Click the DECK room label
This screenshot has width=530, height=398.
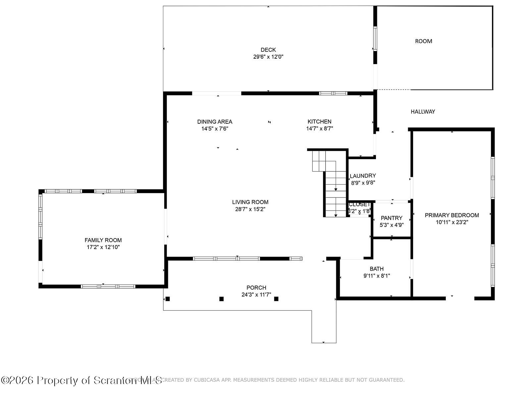(x=268, y=50)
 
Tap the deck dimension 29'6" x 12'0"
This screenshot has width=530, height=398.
(x=268, y=57)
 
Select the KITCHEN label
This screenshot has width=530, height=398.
(x=319, y=121)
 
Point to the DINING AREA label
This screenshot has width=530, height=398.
(x=215, y=121)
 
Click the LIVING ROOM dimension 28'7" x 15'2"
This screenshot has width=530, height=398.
(x=250, y=209)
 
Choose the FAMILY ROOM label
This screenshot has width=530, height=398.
(x=103, y=240)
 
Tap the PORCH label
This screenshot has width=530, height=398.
(x=256, y=288)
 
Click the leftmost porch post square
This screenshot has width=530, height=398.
(x=168, y=299)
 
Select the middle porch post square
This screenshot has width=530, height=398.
(x=222, y=299)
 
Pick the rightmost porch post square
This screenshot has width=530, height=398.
(x=276, y=299)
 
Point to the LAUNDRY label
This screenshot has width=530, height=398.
(x=363, y=175)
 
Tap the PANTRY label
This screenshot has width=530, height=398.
(x=392, y=218)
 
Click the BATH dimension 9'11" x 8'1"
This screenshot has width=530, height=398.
(x=377, y=276)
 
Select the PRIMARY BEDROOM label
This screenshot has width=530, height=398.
(x=452, y=215)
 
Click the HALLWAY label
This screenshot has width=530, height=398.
(x=423, y=111)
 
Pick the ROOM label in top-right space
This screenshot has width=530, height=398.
(x=423, y=41)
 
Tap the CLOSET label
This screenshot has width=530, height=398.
(x=359, y=204)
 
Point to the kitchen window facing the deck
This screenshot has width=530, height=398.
(x=333, y=93)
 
